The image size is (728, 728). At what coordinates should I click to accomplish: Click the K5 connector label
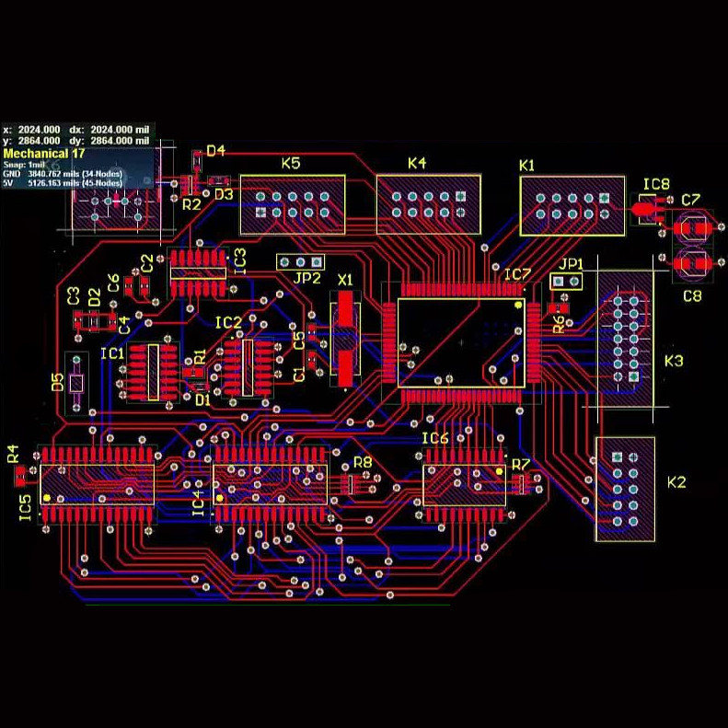[291, 164]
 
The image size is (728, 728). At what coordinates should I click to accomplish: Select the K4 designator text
[417, 164]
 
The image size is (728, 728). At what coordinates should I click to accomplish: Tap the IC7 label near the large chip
[517, 274]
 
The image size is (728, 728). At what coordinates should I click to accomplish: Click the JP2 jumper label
[307, 278]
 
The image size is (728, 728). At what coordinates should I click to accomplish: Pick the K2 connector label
[676, 482]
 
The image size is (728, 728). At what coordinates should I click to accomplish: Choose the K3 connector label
[674, 361]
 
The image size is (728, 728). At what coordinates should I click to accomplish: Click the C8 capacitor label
[692, 295]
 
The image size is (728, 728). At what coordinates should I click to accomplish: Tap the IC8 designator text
[656, 185]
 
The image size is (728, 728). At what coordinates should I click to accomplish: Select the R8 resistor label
[363, 462]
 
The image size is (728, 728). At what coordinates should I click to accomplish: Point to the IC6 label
[435, 439]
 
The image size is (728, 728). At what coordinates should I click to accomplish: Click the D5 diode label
[58, 381]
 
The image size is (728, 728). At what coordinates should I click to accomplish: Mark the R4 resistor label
[13, 454]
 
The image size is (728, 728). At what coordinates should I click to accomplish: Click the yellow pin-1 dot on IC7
[518, 305]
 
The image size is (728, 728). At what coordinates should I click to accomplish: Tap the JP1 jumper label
[572, 264]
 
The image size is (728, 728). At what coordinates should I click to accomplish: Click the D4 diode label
[216, 151]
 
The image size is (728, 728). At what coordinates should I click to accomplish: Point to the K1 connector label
[527, 166]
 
